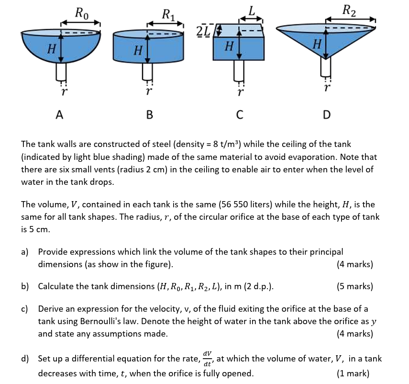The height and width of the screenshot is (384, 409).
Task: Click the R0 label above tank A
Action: click(x=82, y=12)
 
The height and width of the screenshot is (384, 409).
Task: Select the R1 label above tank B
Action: click(x=169, y=14)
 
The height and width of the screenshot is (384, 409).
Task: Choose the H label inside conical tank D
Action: click(x=316, y=45)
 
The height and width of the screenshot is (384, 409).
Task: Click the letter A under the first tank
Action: click(x=59, y=115)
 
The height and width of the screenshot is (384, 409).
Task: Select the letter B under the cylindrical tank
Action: click(x=150, y=115)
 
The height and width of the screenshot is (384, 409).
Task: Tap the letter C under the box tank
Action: click(x=240, y=115)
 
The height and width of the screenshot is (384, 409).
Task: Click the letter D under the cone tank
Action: click(x=326, y=115)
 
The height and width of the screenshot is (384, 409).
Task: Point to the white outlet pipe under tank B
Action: click(x=148, y=71)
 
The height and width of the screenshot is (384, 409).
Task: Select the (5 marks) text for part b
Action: click(x=354, y=286)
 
